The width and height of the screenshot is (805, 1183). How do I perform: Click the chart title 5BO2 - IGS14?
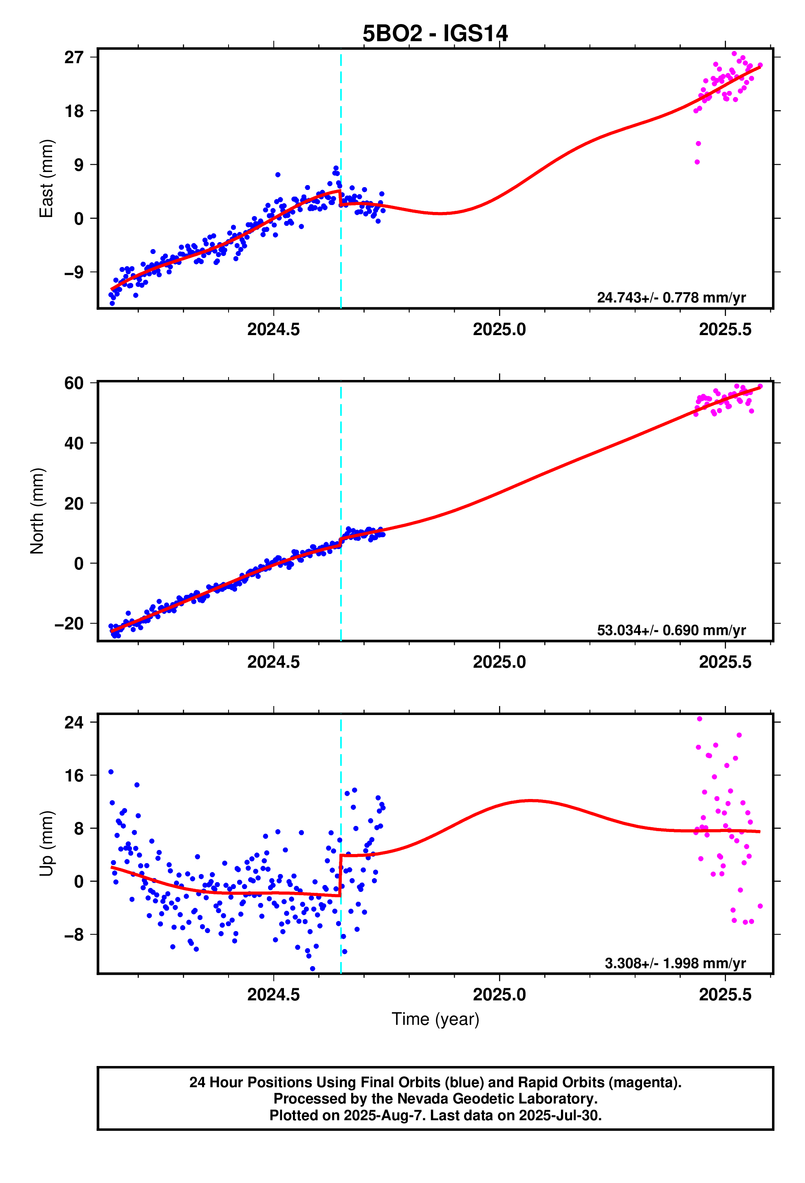(x=435, y=33)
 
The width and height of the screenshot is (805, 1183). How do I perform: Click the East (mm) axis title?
(x=46, y=179)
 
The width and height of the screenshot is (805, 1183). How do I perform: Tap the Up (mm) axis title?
(x=46, y=843)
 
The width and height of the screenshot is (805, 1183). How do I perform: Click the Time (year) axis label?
(x=435, y=1019)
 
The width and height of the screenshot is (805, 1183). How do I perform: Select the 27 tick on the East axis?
(x=73, y=57)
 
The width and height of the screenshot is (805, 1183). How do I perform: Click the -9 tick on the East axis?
(x=73, y=272)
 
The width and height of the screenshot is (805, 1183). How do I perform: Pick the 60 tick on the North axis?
(x=73, y=383)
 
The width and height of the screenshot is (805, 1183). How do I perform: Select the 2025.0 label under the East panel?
(x=499, y=330)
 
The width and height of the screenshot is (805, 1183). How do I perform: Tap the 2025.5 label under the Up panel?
(x=725, y=994)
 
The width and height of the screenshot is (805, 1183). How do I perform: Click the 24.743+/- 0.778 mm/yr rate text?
(x=671, y=298)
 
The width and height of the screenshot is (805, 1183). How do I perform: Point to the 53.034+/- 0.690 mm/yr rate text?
(x=671, y=630)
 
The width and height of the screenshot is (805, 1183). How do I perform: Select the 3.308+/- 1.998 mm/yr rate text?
(x=675, y=963)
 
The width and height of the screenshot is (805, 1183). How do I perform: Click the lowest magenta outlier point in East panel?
(x=697, y=162)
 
